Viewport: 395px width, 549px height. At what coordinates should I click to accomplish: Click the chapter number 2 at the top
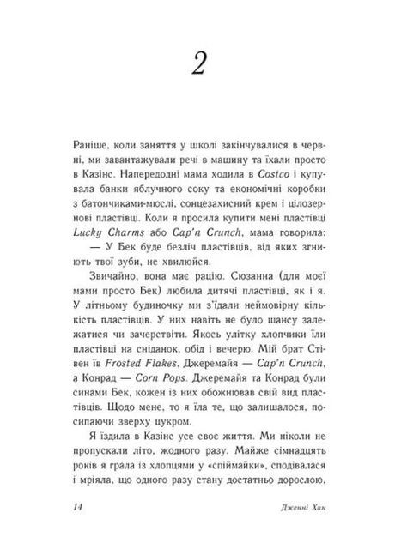click(196, 65)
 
